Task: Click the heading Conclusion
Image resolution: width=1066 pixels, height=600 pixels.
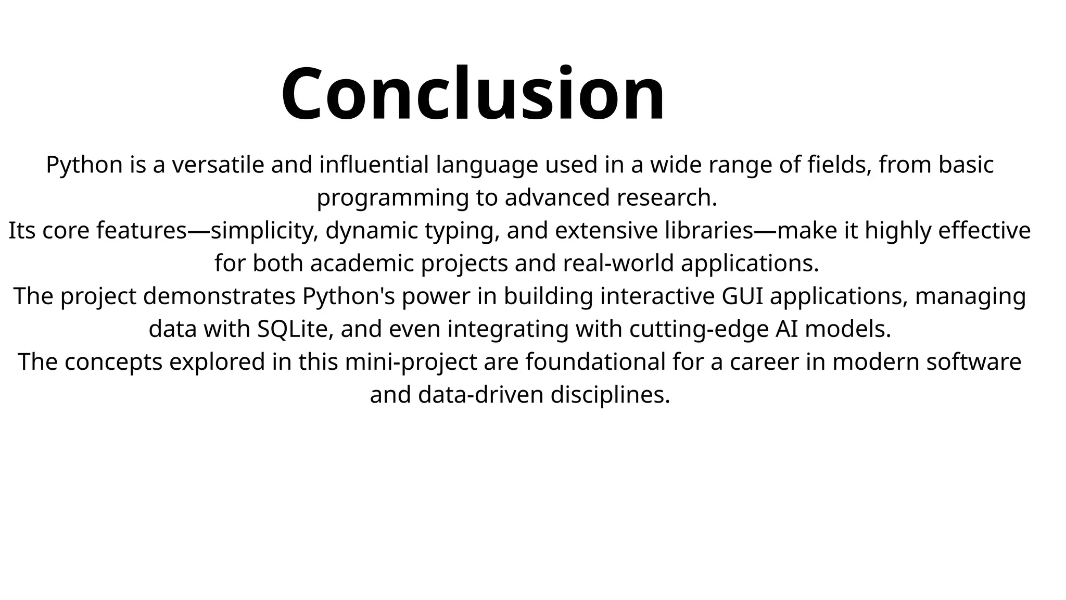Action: (473, 95)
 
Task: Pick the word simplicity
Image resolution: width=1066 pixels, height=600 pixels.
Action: (263, 231)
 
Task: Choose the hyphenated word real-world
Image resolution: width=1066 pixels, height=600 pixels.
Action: (618, 264)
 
